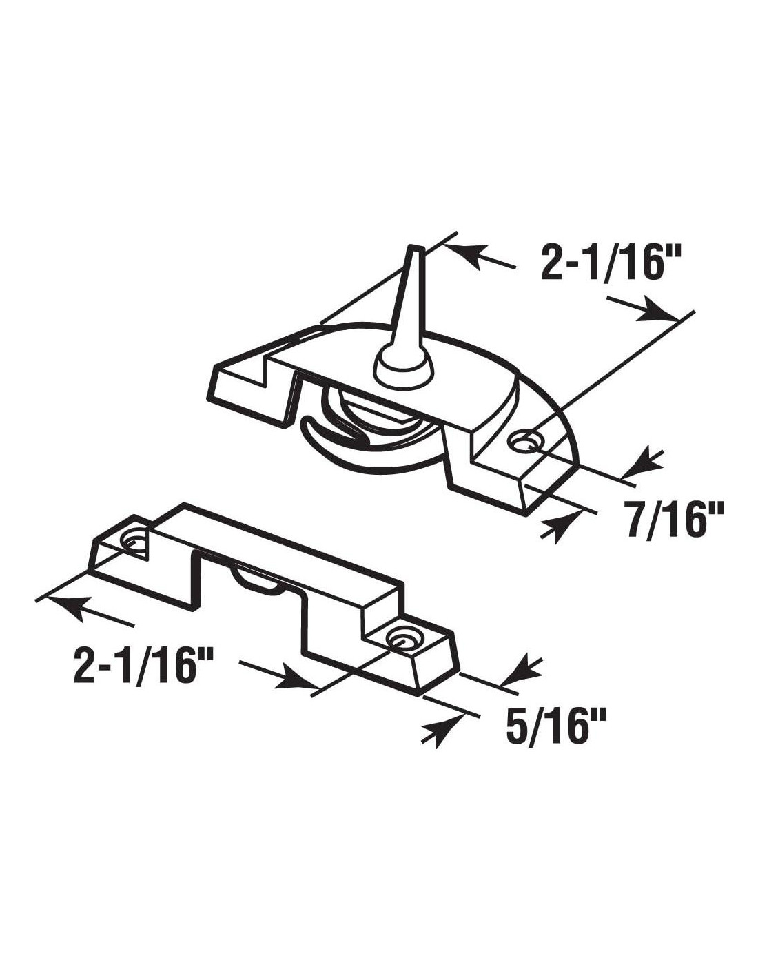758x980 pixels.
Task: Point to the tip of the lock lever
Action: pyautogui.click(x=414, y=247)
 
